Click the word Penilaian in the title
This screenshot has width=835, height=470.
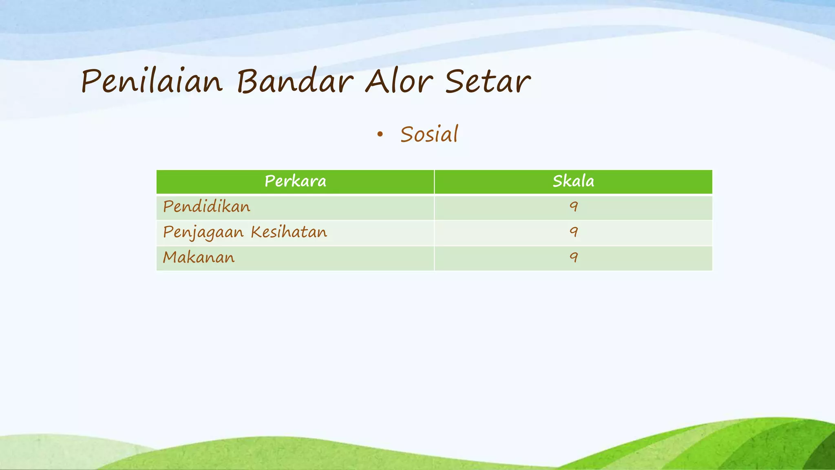tap(152, 82)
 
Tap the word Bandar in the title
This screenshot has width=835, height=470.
tap(295, 81)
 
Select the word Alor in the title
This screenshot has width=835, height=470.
tap(398, 81)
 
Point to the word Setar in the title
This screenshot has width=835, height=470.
tap(488, 81)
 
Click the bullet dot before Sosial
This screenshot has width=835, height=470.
tap(380, 135)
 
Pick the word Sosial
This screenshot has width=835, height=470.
tap(429, 135)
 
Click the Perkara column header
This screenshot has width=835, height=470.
tap(295, 181)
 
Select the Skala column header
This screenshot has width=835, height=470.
tap(573, 181)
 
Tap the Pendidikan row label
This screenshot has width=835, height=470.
tap(207, 207)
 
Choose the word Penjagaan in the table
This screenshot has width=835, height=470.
tap(203, 233)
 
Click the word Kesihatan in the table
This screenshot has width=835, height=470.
tap(289, 232)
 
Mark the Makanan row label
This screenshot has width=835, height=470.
tap(199, 257)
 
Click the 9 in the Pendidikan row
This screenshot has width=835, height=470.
tap(574, 207)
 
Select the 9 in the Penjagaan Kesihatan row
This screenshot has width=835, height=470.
tap(574, 232)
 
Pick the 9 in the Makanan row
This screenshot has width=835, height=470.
tap(574, 257)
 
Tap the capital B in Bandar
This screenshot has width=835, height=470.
tap(249, 81)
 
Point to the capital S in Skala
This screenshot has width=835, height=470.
tap(557, 181)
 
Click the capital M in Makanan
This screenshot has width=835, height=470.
tap(171, 257)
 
